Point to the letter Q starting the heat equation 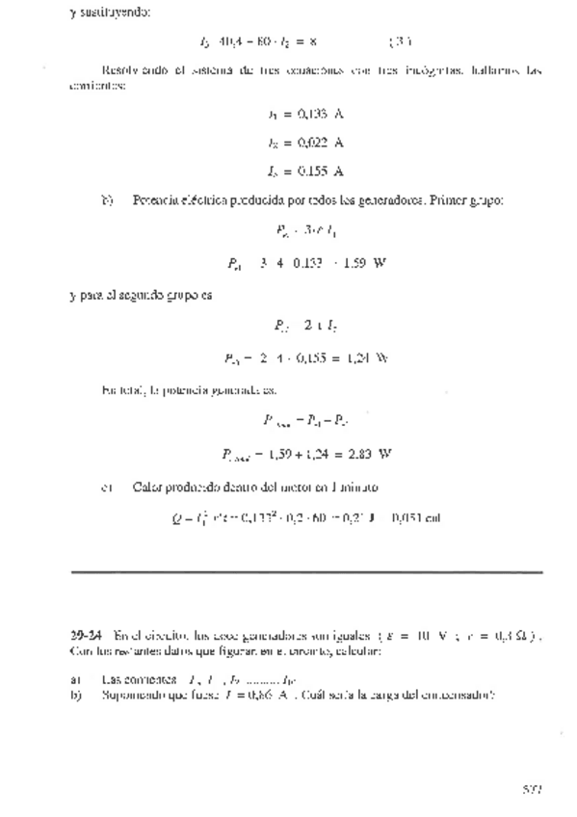tap(177, 518)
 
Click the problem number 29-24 tap(87, 635)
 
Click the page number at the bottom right tap(532, 787)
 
